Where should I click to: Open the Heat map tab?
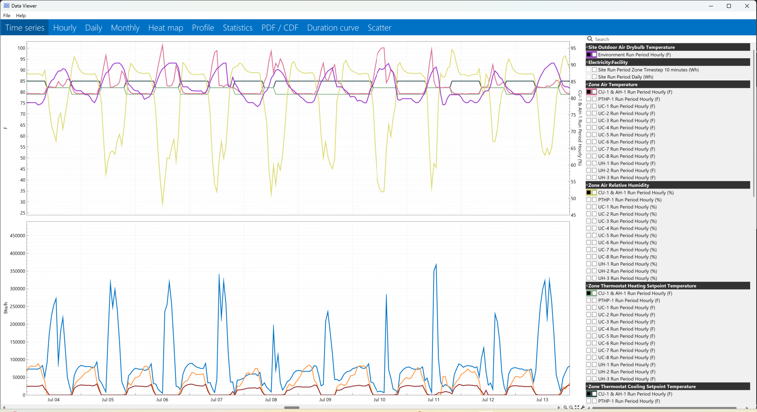[x=166, y=28]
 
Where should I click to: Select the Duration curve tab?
[x=333, y=28]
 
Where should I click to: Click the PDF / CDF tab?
[x=280, y=28]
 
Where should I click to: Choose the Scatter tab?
[x=379, y=28]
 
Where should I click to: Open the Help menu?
[x=21, y=15]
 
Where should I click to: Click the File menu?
[x=7, y=15]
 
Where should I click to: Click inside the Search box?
[x=670, y=39]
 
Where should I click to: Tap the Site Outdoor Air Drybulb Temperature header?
[x=631, y=47]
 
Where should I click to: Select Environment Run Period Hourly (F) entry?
[x=634, y=55]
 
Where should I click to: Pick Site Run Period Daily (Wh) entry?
[x=625, y=77]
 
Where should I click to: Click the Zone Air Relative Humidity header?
[x=618, y=185]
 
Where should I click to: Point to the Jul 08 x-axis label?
[x=271, y=400]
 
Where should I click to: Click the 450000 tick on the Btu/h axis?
[x=17, y=236]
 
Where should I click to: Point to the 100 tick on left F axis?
[x=21, y=48]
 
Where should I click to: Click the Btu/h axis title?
[x=6, y=308]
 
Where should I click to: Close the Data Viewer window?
[x=747, y=6]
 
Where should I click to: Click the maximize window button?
[x=729, y=6]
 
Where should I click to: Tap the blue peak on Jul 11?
[x=436, y=264]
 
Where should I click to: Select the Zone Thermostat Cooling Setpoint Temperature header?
[x=642, y=386]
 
